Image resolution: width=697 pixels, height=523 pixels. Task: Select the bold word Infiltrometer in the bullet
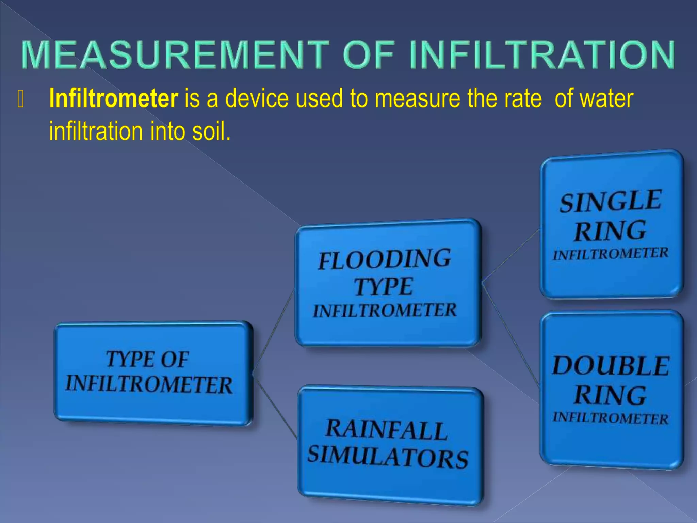click(x=113, y=98)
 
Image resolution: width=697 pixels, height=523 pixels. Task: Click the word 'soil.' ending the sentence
click(x=211, y=131)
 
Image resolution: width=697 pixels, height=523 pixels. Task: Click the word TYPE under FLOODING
click(x=384, y=287)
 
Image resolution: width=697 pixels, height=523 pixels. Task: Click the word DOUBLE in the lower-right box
click(x=611, y=366)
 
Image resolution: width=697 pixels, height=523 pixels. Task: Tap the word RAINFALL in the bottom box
click(x=386, y=429)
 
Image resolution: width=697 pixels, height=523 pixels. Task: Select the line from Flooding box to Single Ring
click(x=510, y=256)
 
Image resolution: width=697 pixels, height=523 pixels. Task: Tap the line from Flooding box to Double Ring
click(x=510, y=335)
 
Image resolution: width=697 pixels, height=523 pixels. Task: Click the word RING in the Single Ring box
click(x=610, y=231)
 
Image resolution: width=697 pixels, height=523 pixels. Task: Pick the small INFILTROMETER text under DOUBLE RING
click(x=611, y=418)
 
